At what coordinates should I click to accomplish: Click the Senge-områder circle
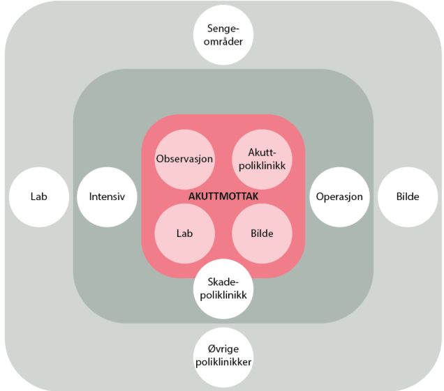[223, 35]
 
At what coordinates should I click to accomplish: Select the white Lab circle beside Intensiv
[38, 197]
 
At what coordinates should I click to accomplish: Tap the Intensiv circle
[107, 197]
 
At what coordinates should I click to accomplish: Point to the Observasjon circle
[184, 158]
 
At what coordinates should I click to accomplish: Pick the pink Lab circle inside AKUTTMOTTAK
[184, 233]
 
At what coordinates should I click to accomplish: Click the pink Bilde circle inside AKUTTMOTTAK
[261, 233]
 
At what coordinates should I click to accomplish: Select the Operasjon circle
[339, 197]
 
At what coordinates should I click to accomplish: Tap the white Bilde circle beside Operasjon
[407, 197]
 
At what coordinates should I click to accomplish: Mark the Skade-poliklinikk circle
[223, 287]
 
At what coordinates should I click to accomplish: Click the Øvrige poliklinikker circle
[223, 357]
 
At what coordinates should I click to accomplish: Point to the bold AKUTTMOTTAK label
[223, 197]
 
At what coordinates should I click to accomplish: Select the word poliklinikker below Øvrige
[223, 363]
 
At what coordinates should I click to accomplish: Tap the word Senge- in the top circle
[223, 29]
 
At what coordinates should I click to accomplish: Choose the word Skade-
[223, 281]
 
